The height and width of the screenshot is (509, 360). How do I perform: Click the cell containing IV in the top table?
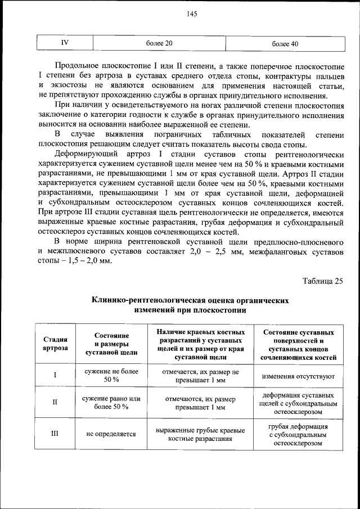65,42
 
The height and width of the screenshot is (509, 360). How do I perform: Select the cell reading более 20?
159,43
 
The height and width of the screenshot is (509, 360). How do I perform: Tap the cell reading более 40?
285,43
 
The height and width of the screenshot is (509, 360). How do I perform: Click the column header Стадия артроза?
55,344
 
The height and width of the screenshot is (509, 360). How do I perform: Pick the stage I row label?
55,375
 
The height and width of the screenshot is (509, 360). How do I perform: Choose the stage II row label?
55,402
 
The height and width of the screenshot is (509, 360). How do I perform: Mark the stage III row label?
55,434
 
